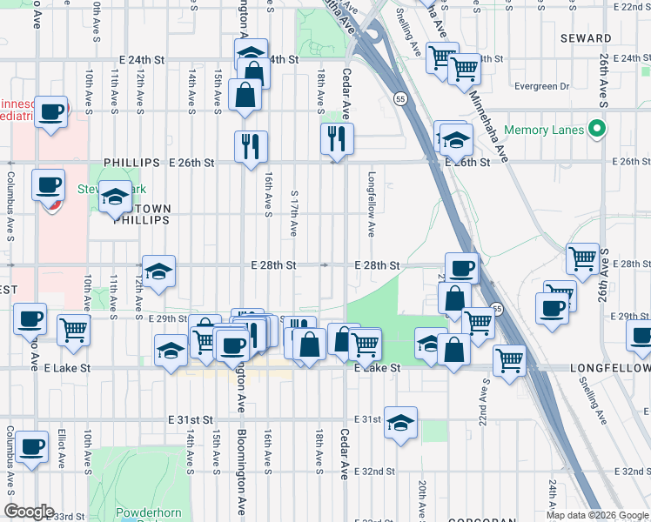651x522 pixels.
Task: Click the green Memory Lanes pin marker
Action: coord(596,130)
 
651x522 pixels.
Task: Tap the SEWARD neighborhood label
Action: coord(586,38)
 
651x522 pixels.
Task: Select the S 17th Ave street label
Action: coord(294,214)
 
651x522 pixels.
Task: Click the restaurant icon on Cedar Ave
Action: coord(336,138)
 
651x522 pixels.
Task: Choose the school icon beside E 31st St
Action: coord(400,423)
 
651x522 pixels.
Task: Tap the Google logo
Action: coord(29,512)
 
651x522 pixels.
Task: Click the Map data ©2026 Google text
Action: coord(597,515)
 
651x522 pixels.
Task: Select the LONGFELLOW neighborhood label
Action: coord(609,369)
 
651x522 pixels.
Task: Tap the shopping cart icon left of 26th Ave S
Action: coord(581,258)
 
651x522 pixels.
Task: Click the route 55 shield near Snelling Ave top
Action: coord(399,99)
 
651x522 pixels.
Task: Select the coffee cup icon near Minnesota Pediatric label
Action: coord(51,111)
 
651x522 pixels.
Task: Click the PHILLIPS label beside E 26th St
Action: coord(131,163)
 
